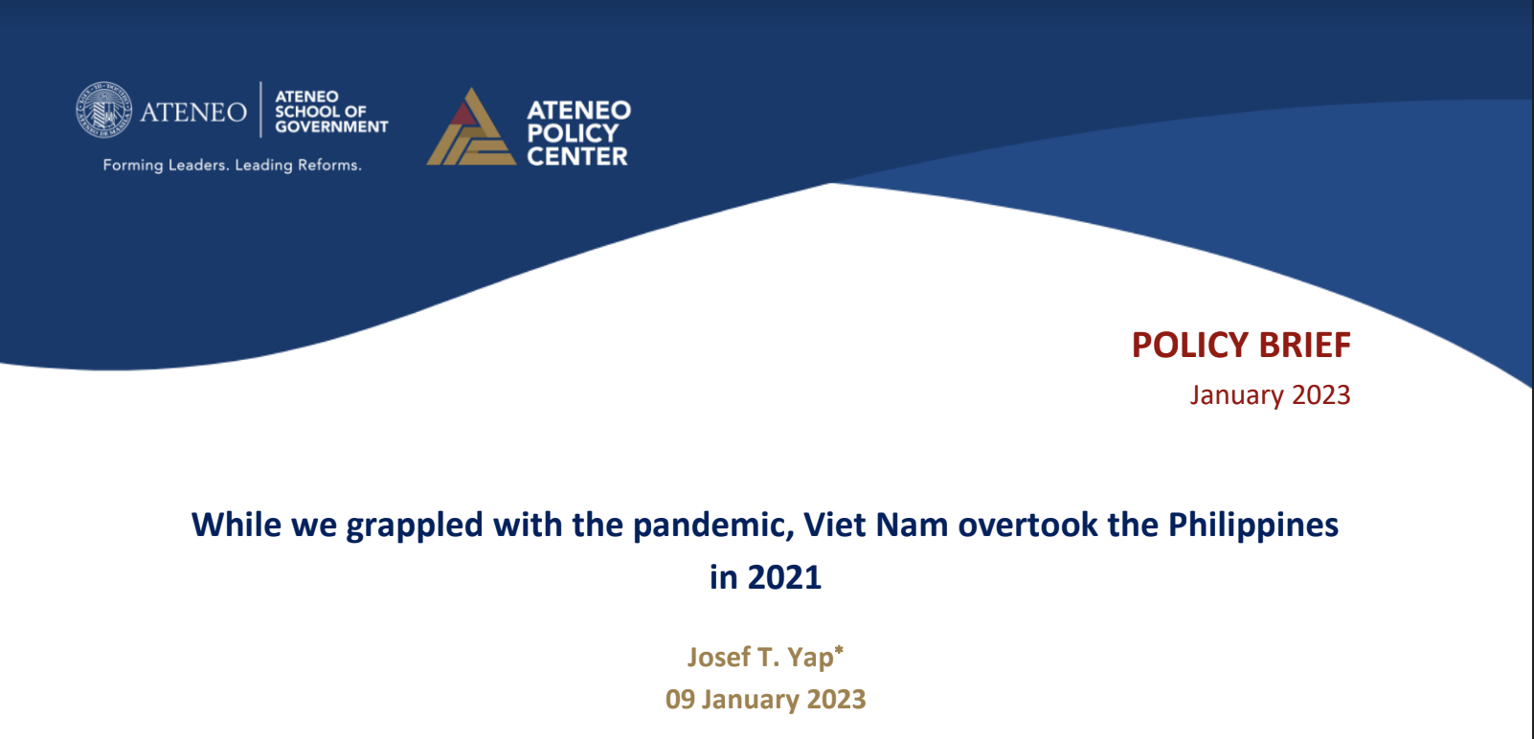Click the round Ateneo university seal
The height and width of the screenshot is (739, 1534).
[x=103, y=109]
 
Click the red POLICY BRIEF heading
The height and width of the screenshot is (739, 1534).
[x=1241, y=345]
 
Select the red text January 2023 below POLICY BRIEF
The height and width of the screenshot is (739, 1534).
[x=1270, y=395]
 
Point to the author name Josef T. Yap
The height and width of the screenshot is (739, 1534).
[x=760, y=656]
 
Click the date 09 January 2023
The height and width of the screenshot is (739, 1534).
[x=766, y=700]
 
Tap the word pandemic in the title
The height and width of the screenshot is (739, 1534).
[x=712, y=526]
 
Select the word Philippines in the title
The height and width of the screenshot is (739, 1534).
[x=1252, y=526]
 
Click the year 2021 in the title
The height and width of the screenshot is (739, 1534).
[x=784, y=576]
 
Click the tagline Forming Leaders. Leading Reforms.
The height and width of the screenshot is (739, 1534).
[x=232, y=165]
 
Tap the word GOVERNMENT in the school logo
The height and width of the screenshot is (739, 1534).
[x=331, y=126]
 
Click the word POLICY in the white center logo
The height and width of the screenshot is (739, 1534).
[x=573, y=133]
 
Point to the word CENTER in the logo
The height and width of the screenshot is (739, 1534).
[x=577, y=156]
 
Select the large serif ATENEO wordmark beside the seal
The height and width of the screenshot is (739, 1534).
[x=193, y=112]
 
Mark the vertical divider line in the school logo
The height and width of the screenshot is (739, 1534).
[x=260, y=109]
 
